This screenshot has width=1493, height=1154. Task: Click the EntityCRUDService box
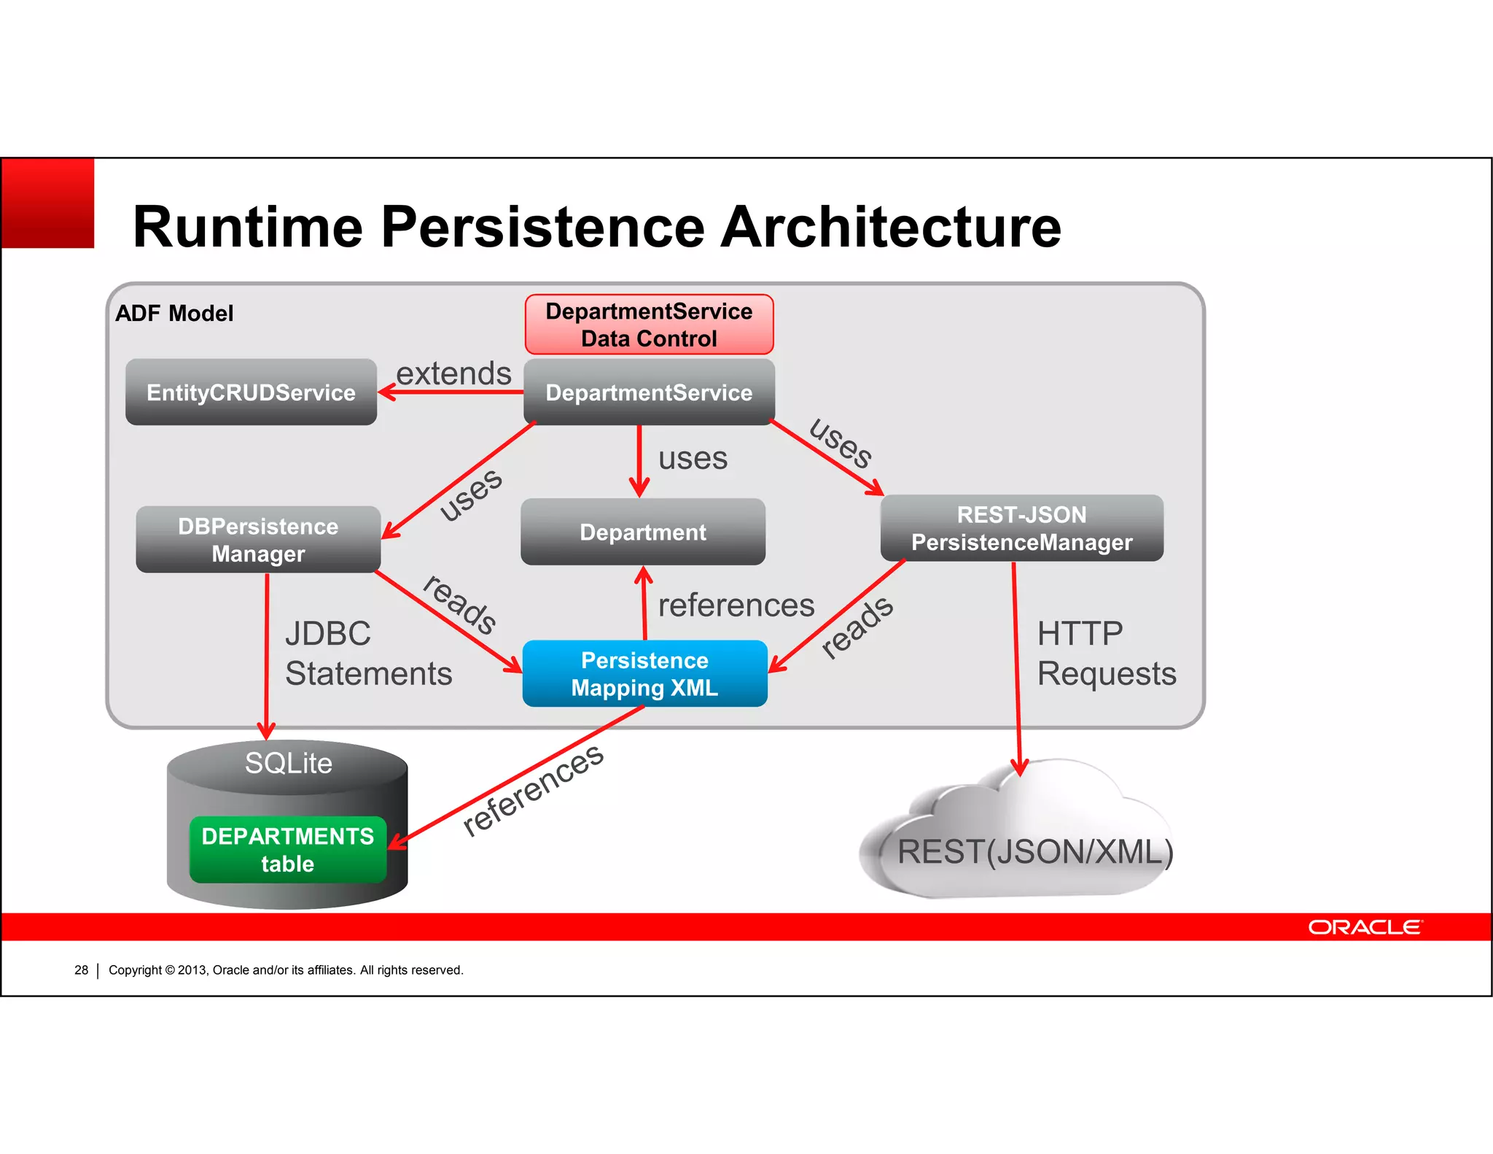coord(251,392)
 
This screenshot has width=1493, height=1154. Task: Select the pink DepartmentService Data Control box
coord(649,325)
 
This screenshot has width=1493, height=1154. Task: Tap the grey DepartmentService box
coord(649,392)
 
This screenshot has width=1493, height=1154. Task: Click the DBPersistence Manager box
coord(258,540)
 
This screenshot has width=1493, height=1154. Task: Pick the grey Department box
coord(643,533)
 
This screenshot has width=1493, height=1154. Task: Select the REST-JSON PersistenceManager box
coord(1021,529)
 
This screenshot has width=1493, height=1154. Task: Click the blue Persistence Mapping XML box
coord(644,674)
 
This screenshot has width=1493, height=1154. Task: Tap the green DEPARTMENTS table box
coord(287,850)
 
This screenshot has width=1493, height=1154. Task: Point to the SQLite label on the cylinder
coord(288,764)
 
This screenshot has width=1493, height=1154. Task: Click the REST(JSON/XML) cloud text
coord(1034,852)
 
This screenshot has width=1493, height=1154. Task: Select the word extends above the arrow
coord(453,374)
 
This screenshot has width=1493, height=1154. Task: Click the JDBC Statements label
coord(367,654)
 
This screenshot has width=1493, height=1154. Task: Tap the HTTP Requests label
coord(1106,654)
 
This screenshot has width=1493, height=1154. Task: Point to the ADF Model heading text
coord(174,314)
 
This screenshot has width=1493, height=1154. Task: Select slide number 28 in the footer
coord(81,970)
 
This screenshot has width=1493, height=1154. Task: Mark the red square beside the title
coord(48,204)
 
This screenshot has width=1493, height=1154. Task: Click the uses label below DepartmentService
coord(693,459)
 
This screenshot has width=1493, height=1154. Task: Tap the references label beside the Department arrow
coord(736,605)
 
